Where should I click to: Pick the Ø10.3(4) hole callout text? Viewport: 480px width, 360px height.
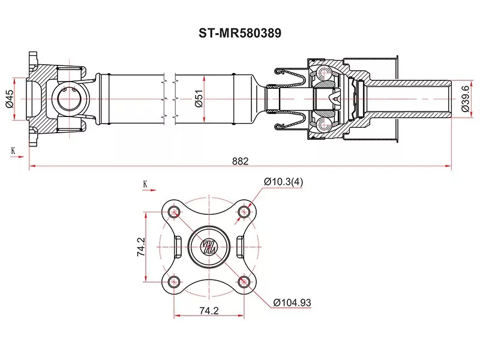coord(284,182)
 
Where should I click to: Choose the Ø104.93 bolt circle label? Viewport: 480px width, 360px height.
coord(292,303)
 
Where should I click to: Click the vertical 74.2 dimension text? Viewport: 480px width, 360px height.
coord(140,246)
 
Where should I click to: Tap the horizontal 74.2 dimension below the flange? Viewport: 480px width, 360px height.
coord(209,311)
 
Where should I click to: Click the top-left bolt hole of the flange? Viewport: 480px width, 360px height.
coord(175,211)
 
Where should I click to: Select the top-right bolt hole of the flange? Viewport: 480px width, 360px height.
coord(244,211)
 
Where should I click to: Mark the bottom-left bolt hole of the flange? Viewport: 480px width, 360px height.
coord(175,281)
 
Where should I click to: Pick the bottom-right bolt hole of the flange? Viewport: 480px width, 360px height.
coord(244,281)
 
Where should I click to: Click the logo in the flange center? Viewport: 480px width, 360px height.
coord(209,246)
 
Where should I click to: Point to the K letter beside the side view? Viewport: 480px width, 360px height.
coord(13,150)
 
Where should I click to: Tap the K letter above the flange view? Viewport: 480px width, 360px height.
coord(145,183)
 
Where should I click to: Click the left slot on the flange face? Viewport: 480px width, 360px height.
coord(178,246)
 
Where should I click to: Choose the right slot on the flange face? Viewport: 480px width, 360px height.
coord(240,246)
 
